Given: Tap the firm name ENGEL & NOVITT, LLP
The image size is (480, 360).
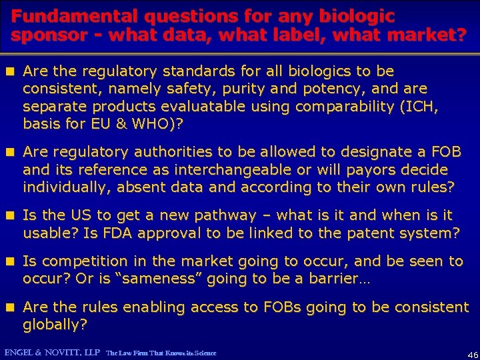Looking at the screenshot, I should coord(52,351).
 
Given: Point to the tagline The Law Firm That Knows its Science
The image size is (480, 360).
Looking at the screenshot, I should coord(162,352).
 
